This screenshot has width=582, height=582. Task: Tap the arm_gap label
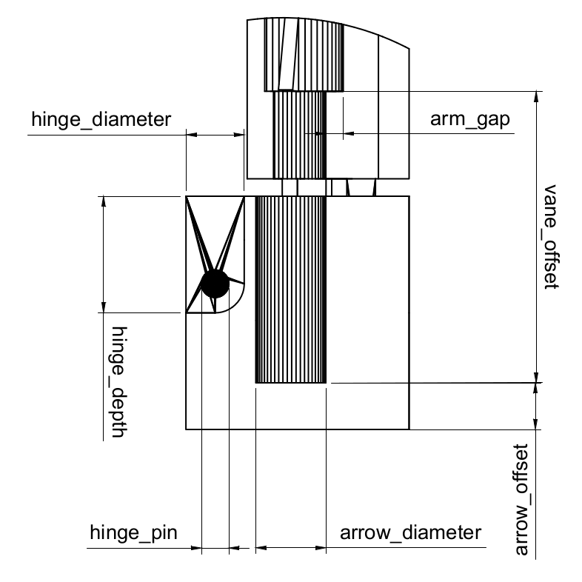[472, 120]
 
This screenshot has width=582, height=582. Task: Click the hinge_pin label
[134, 532]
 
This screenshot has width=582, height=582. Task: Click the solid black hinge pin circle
[215, 283]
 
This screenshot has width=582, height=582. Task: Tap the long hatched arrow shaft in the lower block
[290, 289]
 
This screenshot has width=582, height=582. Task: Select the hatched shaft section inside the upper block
[299, 133]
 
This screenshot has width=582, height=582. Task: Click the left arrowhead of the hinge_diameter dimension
[190, 135]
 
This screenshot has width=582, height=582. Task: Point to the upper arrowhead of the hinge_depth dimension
[104, 201]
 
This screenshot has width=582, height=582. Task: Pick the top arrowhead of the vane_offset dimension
[537, 96]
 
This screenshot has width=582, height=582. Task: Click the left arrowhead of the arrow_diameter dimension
[260, 549]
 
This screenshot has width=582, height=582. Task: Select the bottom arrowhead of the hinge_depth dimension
[104, 307]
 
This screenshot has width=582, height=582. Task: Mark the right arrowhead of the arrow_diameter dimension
[321, 549]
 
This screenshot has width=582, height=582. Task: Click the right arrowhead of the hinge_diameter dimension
[239, 135]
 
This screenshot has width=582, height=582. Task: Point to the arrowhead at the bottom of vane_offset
[537, 377]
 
